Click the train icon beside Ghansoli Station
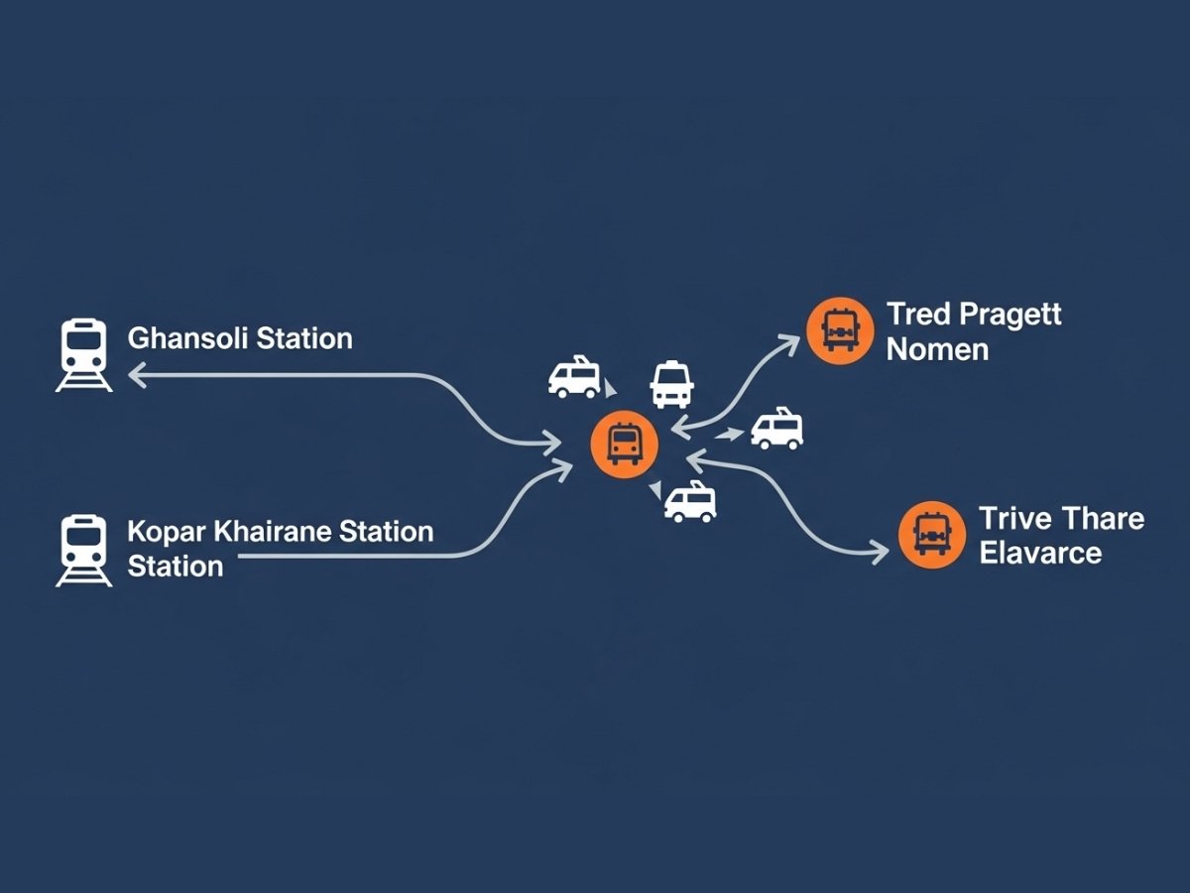tap(83, 354)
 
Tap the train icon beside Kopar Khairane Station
tap(83, 550)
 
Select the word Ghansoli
tap(187, 338)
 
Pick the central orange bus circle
tap(623, 444)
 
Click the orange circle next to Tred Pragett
tap(840, 330)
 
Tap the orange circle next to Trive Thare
tap(931, 535)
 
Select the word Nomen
tap(937, 349)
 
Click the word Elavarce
tap(1040, 552)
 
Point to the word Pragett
tap(1011, 315)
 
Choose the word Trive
tap(1014, 518)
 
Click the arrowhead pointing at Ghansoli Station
tap(136, 374)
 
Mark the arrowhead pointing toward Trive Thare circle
tap(879, 553)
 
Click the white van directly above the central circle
tap(671, 383)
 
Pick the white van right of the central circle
tap(776, 429)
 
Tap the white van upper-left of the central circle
tap(574, 377)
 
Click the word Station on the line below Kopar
tap(176, 567)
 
